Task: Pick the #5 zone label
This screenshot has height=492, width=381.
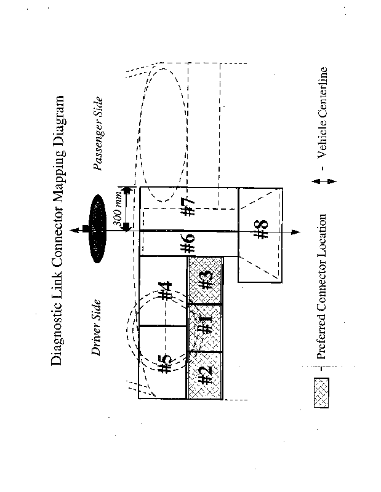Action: tap(164, 364)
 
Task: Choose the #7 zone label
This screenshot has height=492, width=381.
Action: tap(189, 206)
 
